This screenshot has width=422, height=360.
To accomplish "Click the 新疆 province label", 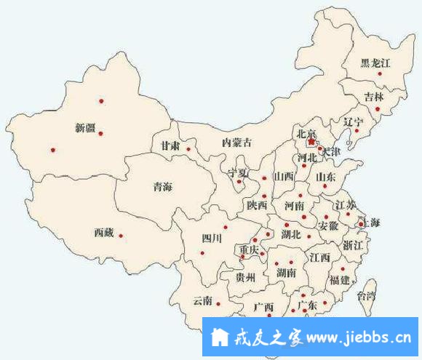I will coord(85,128).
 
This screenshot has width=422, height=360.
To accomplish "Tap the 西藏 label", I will coord(104,233).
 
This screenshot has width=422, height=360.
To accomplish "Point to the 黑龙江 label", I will coord(376,63).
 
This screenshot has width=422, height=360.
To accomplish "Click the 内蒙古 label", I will coord(237,143).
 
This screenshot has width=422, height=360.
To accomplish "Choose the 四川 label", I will coord(212,238).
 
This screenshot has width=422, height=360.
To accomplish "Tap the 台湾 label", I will coord(367,295).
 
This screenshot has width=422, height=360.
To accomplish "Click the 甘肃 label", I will coord(170,146).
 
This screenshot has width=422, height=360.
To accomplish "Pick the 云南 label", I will coord(202,300).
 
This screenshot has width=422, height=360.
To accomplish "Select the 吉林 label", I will coord(374,96).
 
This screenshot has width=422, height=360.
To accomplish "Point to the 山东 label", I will coord(325,177).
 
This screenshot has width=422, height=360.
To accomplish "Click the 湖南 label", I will coord(286,273).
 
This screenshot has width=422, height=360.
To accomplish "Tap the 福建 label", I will coord(340,280).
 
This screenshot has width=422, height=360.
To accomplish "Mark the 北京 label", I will coord(306,134).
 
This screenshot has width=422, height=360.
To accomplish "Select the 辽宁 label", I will coord(353,121).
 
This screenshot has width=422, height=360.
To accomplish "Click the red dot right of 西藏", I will coord(121,235).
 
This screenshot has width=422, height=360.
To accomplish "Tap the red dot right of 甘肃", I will coord(188,149).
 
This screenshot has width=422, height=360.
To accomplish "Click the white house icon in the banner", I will coord(218,338).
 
